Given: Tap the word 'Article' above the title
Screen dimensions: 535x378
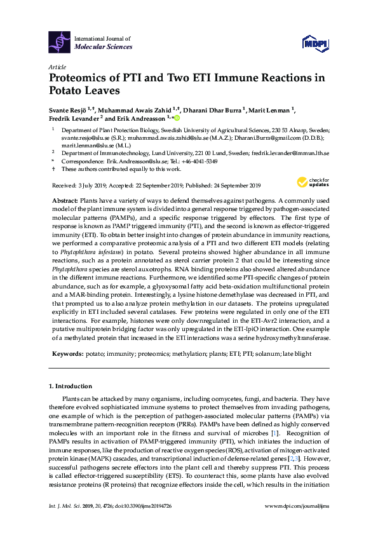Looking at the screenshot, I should (57, 66).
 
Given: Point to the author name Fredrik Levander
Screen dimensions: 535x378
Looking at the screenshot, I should (74, 118).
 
